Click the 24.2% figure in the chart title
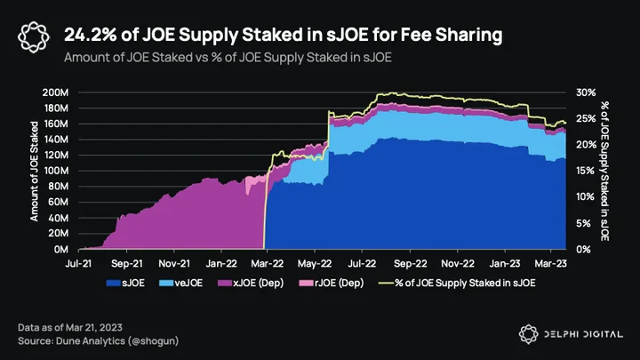click(x=90, y=35)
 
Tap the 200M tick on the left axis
click(x=55, y=92)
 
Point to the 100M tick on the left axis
click(x=56, y=171)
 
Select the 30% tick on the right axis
click(x=586, y=92)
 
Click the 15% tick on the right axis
click(x=586, y=171)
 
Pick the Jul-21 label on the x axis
click(x=78, y=264)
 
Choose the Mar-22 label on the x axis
click(x=267, y=264)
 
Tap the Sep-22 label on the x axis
click(x=410, y=264)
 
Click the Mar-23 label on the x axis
click(x=550, y=264)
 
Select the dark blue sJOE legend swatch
click(x=113, y=283)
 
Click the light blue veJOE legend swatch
click(x=166, y=283)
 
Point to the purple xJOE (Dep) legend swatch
click(x=225, y=283)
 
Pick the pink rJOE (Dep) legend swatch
click(x=306, y=283)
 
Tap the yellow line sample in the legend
click(x=386, y=283)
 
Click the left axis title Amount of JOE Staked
click(x=35, y=171)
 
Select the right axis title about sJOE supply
click(x=604, y=171)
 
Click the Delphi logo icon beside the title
click(x=34, y=37)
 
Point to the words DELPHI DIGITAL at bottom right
click(x=584, y=334)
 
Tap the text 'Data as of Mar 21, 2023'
click(x=70, y=327)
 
